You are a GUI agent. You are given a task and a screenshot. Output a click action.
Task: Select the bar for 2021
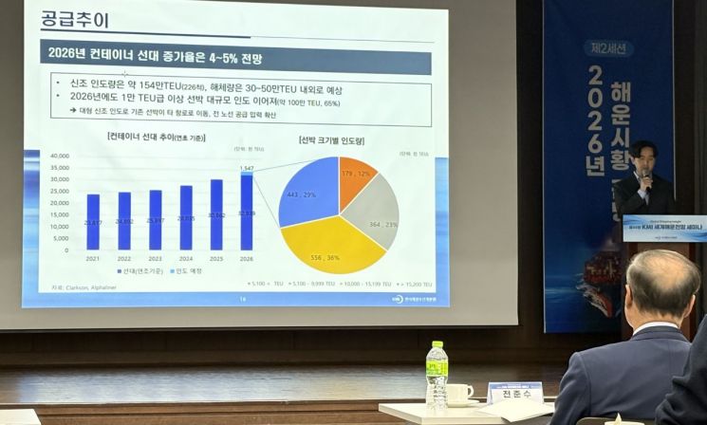click(x=93, y=222)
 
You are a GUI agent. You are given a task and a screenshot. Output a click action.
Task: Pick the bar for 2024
click(x=186, y=217)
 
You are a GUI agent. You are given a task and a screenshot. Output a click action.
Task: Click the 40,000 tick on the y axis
click(x=59, y=156)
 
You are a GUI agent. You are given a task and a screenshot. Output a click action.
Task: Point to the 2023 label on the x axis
click(x=155, y=258)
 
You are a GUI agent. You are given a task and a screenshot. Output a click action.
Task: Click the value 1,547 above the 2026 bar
click(x=247, y=167)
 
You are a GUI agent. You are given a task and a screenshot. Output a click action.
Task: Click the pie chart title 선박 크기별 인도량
click(x=331, y=141)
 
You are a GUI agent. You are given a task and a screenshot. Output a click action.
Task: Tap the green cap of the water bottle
click(x=436, y=345)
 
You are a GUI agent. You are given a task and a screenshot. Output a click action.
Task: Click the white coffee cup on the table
click(x=459, y=393)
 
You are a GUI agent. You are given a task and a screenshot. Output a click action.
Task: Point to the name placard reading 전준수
click(x=514, y=393)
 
